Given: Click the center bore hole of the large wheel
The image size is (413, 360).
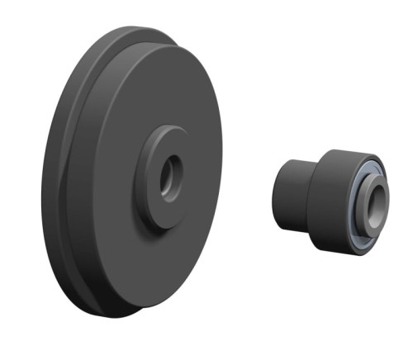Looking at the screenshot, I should click(171, 176).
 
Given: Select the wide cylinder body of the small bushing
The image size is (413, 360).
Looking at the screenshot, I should click(330, 198).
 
